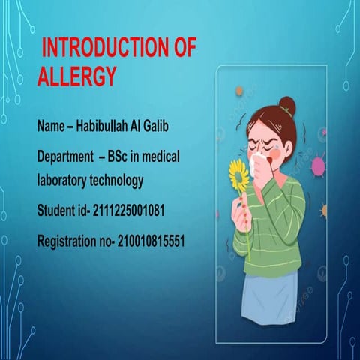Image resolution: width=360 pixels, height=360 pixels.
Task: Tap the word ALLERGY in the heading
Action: [x=77, y=76]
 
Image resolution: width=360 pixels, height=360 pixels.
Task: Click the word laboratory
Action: [x=63, y=181]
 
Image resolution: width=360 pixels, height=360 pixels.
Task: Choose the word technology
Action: [x=118, y=181]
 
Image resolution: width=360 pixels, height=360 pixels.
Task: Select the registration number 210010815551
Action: [x=147, y=241]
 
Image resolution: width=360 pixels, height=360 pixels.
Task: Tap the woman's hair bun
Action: [x=286, y=105]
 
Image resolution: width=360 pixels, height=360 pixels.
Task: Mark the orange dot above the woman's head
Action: [x=239, y=91]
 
